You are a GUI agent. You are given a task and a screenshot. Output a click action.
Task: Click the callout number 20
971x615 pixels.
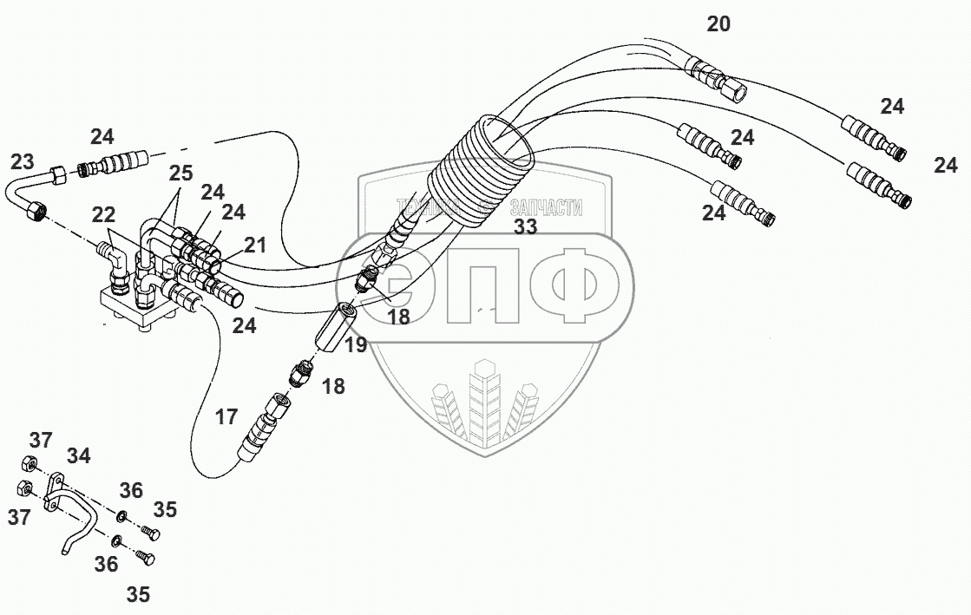(718, 24)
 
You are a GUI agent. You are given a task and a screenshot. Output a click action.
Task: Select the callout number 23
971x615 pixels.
(23, 161)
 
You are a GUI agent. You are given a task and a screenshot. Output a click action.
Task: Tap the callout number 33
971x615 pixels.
(525, 227)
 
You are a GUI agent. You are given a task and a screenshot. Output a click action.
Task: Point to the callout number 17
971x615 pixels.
(226, 417)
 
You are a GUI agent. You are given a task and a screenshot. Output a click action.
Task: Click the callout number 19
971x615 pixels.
(355, 347)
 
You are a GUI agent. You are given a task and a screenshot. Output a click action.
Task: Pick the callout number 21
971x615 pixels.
(254, 246)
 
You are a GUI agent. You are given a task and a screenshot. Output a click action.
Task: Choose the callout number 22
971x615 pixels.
(103, 213)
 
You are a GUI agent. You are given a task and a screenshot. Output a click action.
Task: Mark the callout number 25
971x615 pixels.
(180, 173)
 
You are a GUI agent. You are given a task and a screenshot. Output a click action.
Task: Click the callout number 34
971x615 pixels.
(77, 455)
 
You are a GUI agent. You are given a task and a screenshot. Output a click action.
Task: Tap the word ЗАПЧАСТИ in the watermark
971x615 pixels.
(547, 208)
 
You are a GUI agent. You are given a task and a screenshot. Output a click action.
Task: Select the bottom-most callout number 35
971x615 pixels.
(138, 595)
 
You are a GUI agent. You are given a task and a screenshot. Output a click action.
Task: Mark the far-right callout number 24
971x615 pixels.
(946, 165)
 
